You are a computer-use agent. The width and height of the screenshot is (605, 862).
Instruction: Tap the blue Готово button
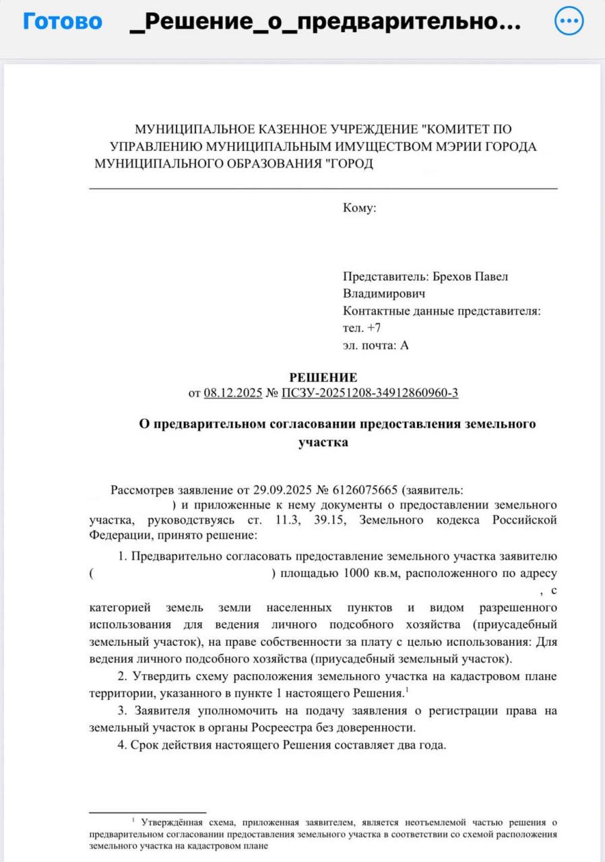(63, 22)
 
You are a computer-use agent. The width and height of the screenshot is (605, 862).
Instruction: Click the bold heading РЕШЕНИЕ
(323, 377)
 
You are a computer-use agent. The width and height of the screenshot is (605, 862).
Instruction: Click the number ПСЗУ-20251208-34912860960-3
(371, 393)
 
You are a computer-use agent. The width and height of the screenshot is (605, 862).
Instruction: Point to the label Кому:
(359, 208)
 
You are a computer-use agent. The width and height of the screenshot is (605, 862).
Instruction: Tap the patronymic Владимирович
(384, 294)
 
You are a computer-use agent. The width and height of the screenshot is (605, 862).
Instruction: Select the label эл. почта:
(370, 345)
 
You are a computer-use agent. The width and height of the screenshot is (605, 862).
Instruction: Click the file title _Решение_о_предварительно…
(323, 22)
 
